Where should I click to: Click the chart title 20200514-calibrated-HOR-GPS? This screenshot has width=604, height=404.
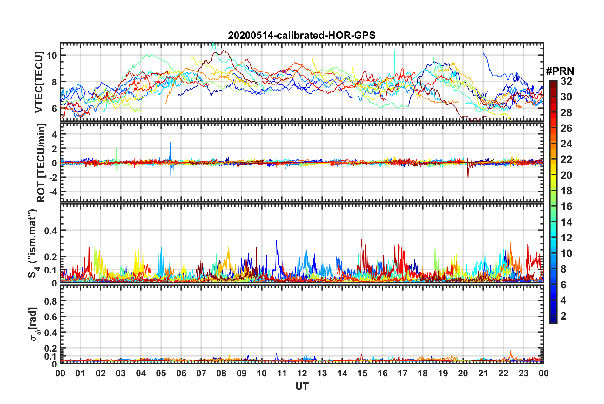pyautogui.click(x=302, y=35)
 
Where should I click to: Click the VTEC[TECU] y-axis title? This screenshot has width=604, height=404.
pyautogui.click(x=39, y=82)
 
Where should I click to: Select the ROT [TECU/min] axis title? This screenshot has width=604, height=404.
pyautogui.click(x=41, y=163)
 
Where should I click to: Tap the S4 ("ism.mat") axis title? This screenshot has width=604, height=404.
pyautogui.click(x=33, y=243)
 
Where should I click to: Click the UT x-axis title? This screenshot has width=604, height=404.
pyautogui.click(x=302, y=386)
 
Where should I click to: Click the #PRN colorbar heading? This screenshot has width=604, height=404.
pyautogui.click(x=560, y=71)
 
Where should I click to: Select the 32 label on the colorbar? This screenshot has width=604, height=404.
pyautogui.click(x=566, y=81)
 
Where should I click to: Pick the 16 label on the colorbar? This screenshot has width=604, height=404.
pyautogui.click(x=566, y=206)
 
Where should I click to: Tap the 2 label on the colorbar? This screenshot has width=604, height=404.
pyautogui.click(x=563, y=316)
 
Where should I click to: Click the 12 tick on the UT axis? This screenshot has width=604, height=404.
pyautogui.click(x=302, y=373)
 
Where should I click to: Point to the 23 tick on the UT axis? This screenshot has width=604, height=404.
pyautogui.click(x=523, y=373)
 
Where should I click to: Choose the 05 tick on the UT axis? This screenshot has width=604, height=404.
pyautogui.click(x=161, y=373)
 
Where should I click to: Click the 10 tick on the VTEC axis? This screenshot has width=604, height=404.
pyautogui.click(x=52, y=55)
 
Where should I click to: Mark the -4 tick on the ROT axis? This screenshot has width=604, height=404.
pyautogui.click(x=52, y=192)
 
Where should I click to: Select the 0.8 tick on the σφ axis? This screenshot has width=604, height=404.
pyautogui.click(x=51, y=301)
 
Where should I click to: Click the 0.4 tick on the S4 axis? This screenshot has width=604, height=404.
pyautogui.click(x=51, y=230)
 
